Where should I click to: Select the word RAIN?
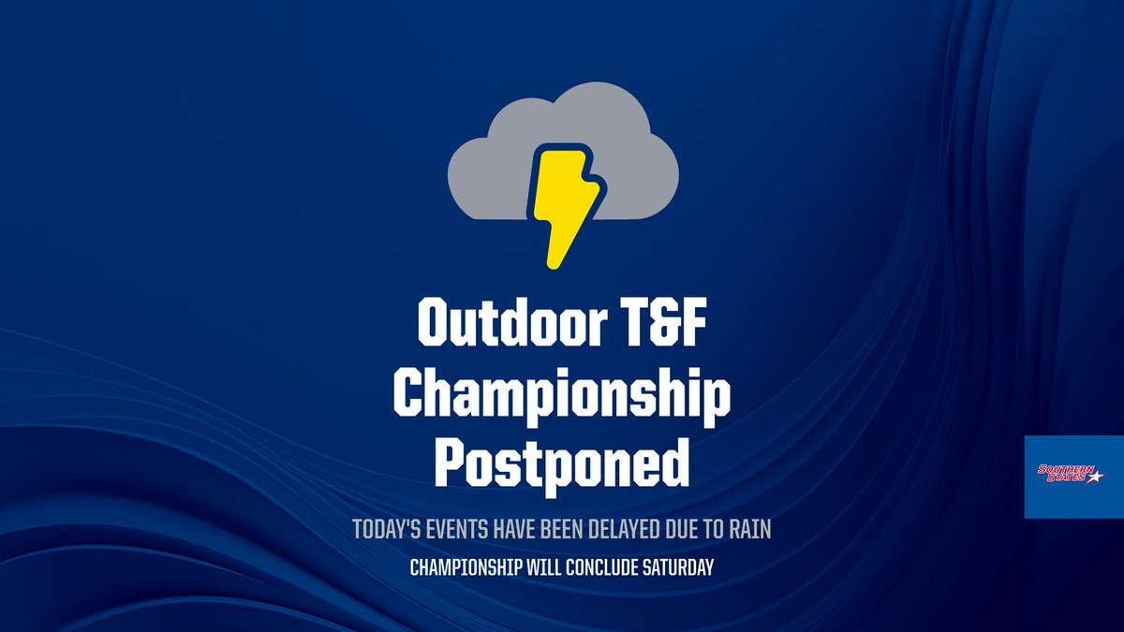(x=747, y=529)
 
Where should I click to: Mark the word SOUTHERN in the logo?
(x=1061, y=469)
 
